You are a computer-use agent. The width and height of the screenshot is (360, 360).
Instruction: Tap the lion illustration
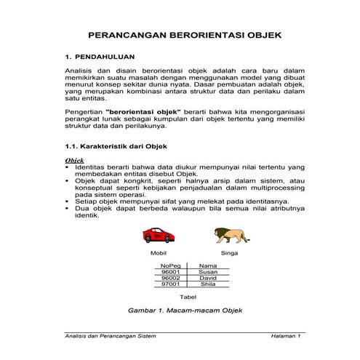pos(230,234)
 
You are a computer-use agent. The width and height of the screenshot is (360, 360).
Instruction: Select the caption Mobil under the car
pos(159,254)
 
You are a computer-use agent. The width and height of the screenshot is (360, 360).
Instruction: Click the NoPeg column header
pos(170,266)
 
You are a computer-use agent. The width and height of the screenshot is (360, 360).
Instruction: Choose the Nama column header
pos(208,266)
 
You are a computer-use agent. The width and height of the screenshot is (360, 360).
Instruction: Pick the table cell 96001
pos(170,272)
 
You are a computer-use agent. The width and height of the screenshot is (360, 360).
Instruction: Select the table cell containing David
pos(208,278)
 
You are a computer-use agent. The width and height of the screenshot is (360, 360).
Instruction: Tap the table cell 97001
pos(170,284)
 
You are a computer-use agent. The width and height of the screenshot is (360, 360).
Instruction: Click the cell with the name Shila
pos(208,284)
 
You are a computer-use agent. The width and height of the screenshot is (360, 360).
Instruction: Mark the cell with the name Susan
pos(208,272)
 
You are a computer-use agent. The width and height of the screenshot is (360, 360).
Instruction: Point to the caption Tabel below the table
pos(188,297)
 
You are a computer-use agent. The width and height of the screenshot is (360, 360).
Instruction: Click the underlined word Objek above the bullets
pos(75,160)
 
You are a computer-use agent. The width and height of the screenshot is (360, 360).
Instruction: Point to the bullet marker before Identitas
pos(68,167)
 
